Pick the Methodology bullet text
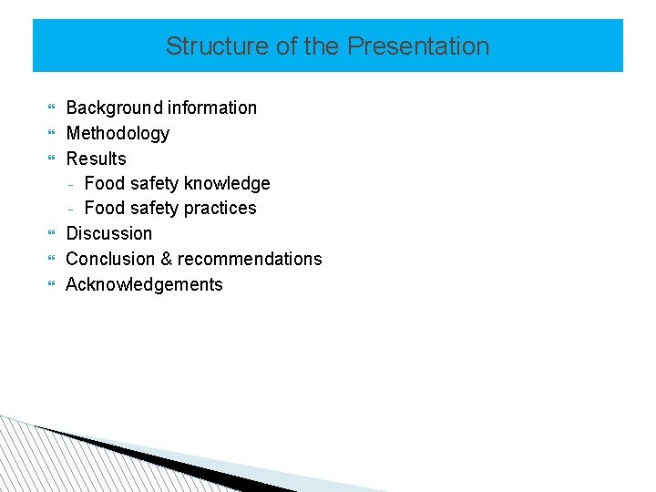coord(118,133)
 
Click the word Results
coord(96,159)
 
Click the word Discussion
coord(109,233)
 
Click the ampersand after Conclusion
coord(167,259)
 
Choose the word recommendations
coord(250,259)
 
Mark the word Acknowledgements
coord(144,284)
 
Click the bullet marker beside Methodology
coord(51,134)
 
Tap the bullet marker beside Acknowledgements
coord(51,285)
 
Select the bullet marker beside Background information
coord(51,108)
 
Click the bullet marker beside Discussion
coord(51,234)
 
